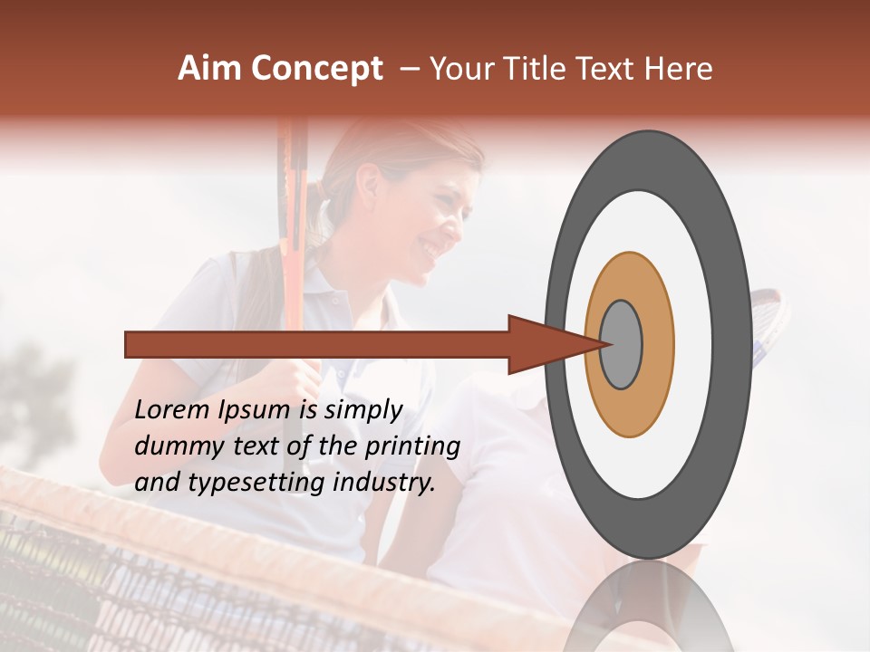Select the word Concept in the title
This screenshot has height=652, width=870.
tap(316, 70)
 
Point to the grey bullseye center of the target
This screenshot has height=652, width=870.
tap(621, 344)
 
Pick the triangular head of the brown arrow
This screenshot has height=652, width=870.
tap(544, 344)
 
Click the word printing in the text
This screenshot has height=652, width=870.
tap(411, 447)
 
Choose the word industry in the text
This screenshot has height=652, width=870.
tap(384, 483)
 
